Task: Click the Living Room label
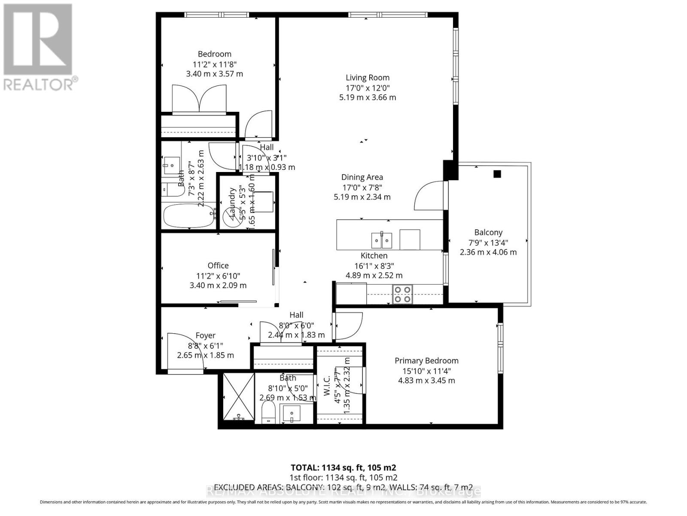coord(368,77)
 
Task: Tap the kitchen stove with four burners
coord(402,295)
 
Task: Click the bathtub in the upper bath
coord(189,216)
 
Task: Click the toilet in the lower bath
coord(269,413)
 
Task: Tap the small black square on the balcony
coord(497,174)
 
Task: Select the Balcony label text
coord(488,232)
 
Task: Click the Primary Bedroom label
coord(426,361)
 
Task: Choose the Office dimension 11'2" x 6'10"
coord(218,276)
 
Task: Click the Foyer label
coord(205,335)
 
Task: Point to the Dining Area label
coord(362,177)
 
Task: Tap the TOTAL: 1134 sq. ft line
coord(343,468)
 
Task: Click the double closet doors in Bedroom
coord(198,99)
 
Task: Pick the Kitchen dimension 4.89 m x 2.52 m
coord(374,276)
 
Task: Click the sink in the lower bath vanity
coord(292,415)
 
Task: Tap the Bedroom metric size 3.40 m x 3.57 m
coord(214,74)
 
